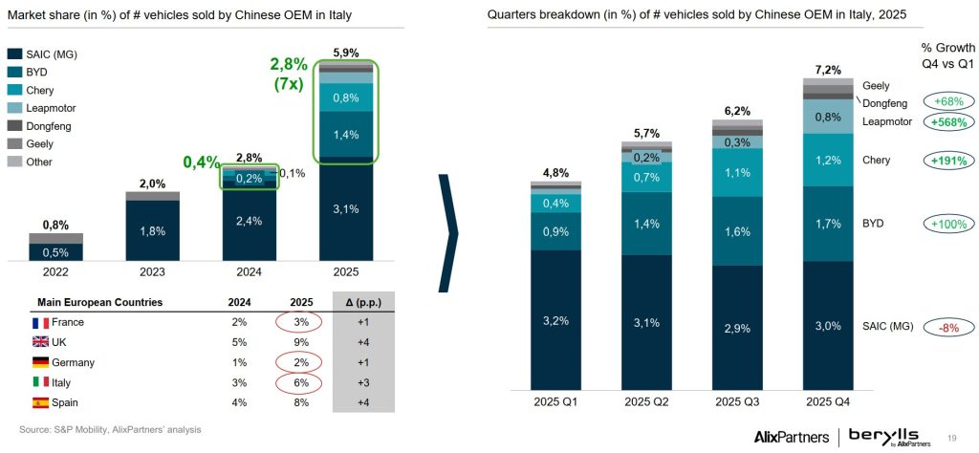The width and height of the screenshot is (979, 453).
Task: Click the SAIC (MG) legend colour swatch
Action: click(15, 53)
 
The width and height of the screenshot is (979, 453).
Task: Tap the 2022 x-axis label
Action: click(55, 271)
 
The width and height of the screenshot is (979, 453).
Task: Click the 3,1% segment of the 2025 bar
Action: click(347, 208)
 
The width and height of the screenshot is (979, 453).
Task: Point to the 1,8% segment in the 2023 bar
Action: click(153, 229)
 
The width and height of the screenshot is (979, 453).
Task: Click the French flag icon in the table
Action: click(41, 323)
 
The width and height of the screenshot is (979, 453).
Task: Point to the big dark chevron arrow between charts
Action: click(447, 232)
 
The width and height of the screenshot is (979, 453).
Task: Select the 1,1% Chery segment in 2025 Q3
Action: click(736, 174)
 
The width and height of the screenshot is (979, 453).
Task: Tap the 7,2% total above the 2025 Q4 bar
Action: click(827, 70)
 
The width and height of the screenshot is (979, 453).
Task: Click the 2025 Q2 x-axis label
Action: click(646, 399)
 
